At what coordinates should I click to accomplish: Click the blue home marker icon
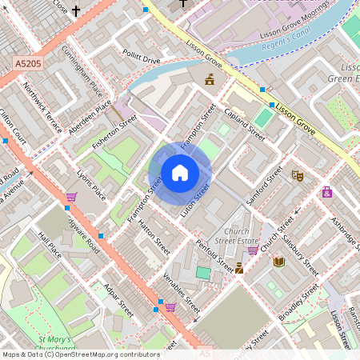click(x=180, y=173)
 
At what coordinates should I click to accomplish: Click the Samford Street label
click(x=265, y=185)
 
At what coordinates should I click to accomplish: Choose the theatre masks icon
click(x=298, y=175)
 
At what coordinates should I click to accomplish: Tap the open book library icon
click(x=278, y=262)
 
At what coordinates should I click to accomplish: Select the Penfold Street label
click(x=214, y=253)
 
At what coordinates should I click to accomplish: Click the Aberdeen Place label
click(x=93, y=116)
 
